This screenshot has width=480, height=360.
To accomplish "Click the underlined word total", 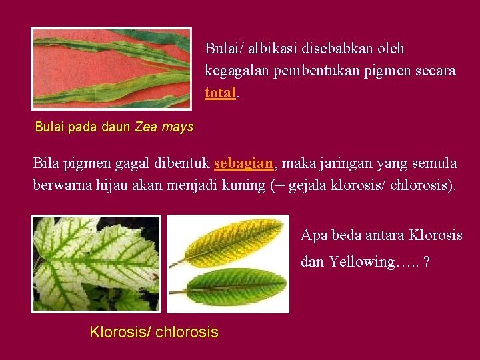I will pos(220,93).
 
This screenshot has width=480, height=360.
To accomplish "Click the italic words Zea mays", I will pos(164,127).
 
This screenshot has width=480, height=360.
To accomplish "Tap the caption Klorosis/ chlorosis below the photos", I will pos(154,332).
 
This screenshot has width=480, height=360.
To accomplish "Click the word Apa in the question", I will pos(313,235).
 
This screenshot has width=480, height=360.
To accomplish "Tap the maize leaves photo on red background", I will pos(112,68).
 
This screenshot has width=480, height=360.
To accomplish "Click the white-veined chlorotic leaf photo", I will pos(97,263).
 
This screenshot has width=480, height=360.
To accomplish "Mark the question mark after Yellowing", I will pos(426,262).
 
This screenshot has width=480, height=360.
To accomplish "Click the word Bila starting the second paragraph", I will pos(46,163).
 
